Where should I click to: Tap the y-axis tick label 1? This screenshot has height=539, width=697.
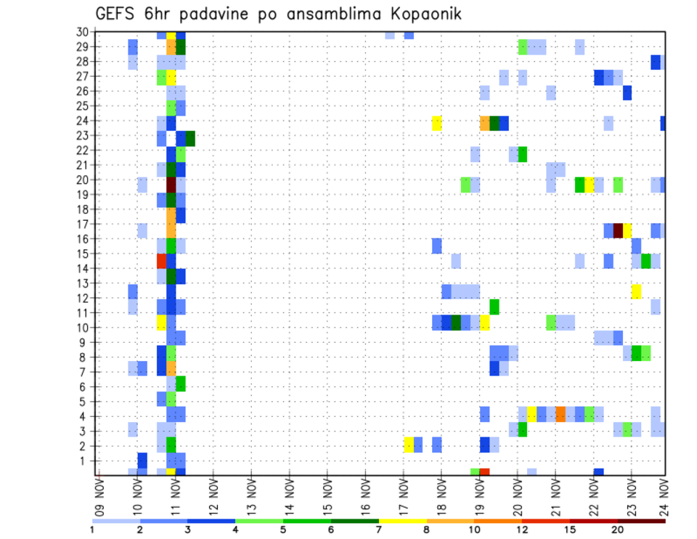pos(85,461)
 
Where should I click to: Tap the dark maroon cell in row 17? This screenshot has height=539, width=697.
pos(618,230)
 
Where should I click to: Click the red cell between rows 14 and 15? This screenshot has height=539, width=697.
pos(162,260)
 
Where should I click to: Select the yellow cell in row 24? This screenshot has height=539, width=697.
pos(437,123)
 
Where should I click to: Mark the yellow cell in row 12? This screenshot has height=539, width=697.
pos(636,291)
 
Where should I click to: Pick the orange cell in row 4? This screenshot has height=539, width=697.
pos(561,414)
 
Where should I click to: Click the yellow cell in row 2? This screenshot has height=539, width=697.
pos(409,444)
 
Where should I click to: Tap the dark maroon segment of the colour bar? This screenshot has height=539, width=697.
pos(641,521)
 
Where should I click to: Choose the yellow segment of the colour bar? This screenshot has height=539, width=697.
pos(403,521)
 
